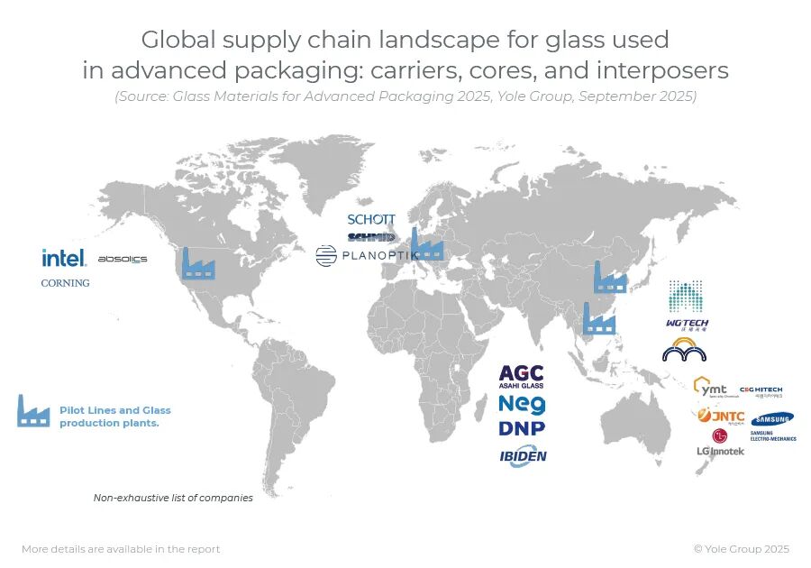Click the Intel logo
(63, 258)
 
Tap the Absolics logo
(122, 260)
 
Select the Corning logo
(66, 283)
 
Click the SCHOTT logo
(371, 219)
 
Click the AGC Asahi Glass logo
(522, 377)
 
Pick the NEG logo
(522, 405)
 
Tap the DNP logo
(522, 428)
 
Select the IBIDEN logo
(523, 457)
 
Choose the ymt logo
(711, 389)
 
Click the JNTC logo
(720, 417)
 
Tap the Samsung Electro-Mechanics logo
(773, 426)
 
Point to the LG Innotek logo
(720, 444)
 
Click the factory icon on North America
(198, 262)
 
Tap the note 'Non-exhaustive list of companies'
(173, 498)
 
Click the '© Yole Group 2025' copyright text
(741, 549)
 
